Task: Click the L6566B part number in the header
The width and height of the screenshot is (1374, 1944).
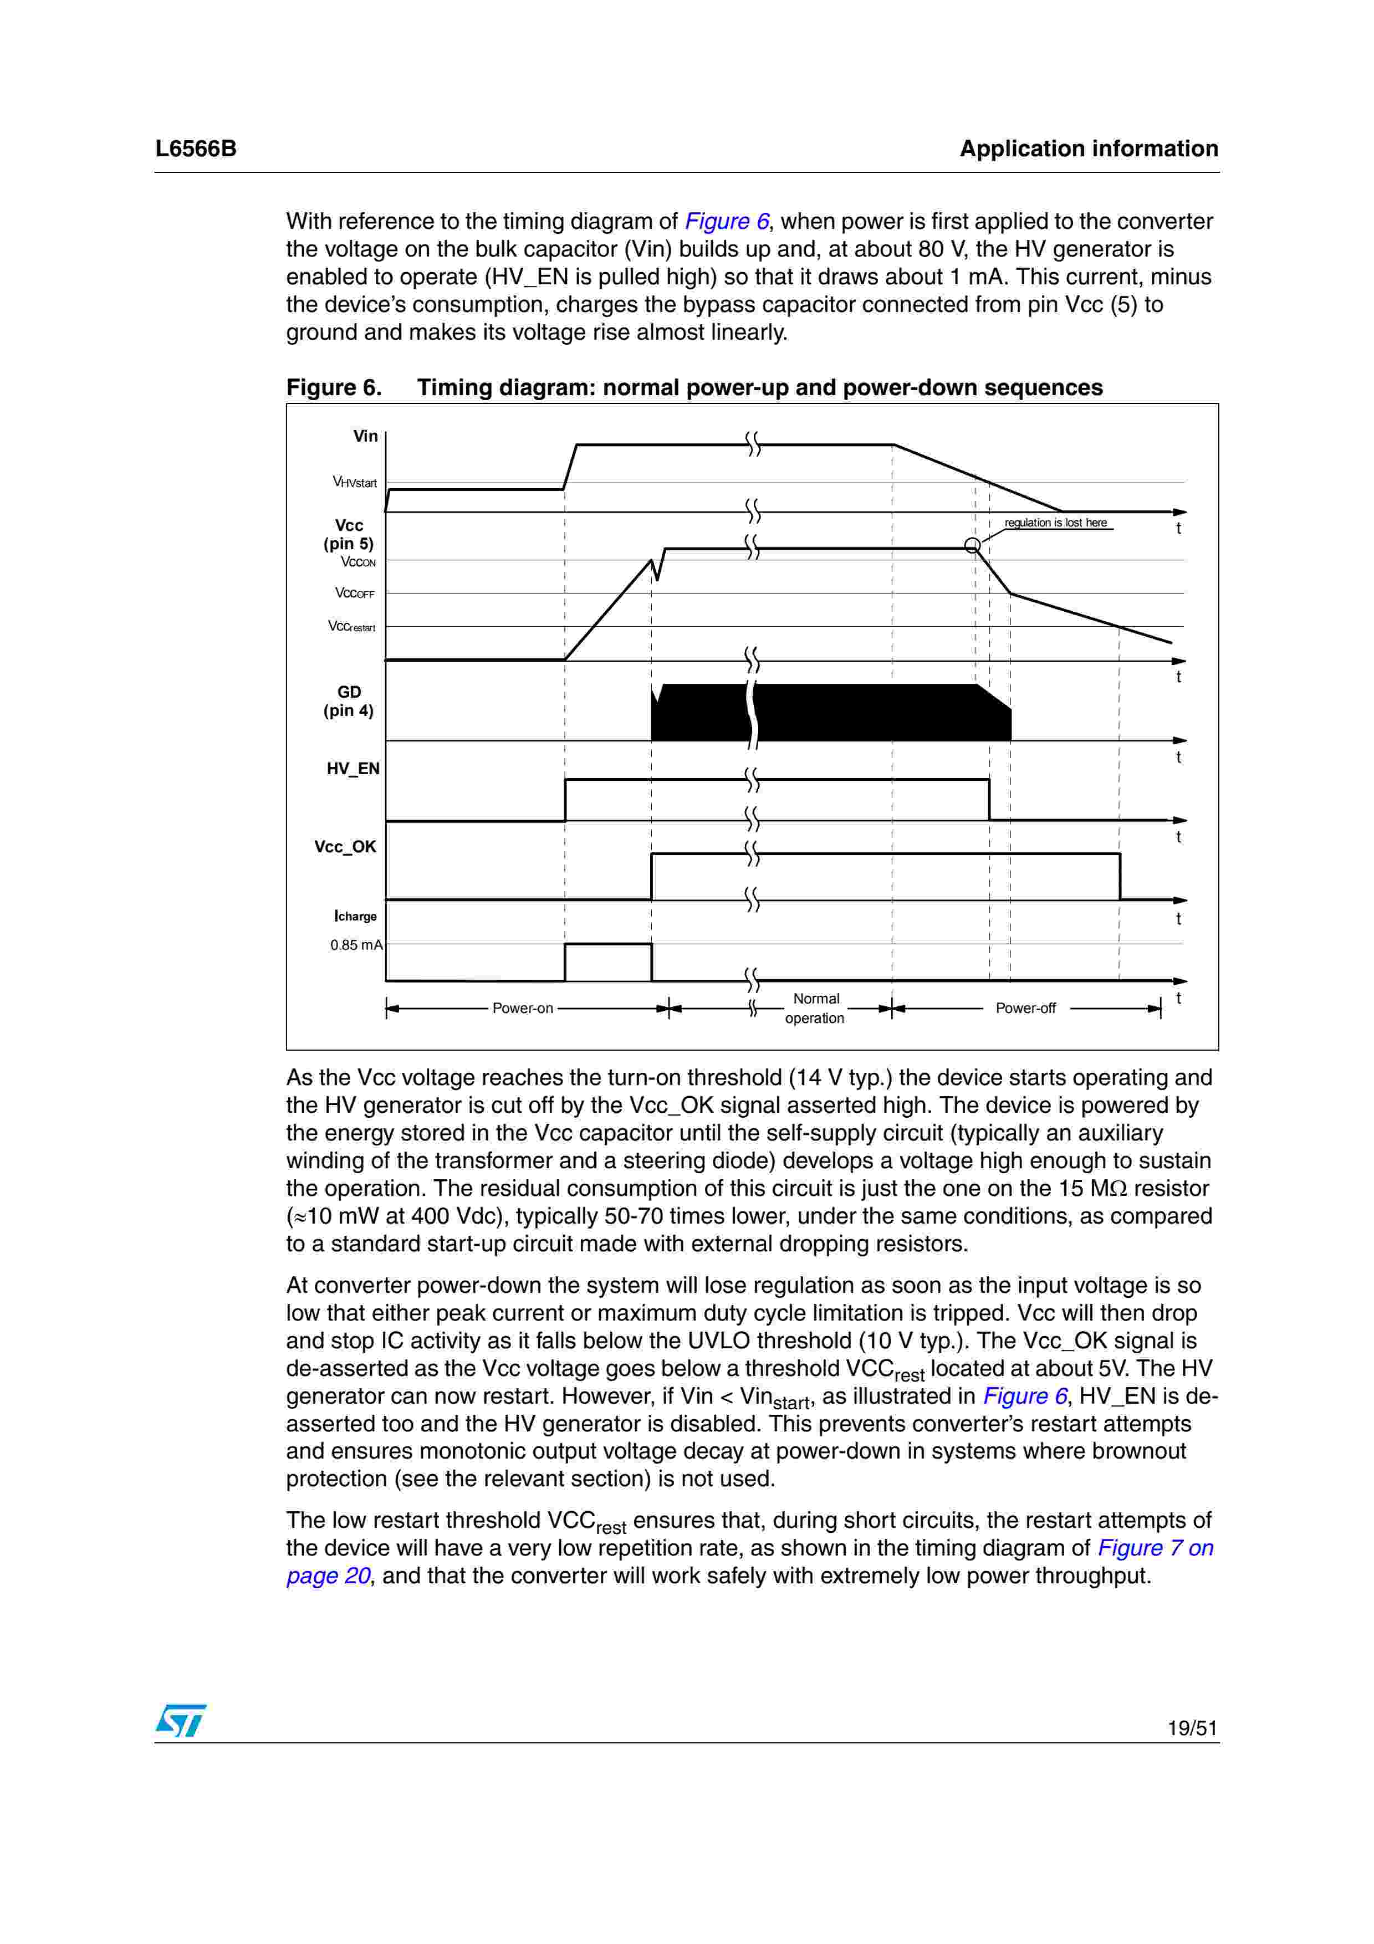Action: (196, 149)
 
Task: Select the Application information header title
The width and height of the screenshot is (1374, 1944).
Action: (1088, 149)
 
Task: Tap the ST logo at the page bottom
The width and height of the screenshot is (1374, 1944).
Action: (180, 1720)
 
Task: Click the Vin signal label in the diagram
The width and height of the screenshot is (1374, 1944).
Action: (365, 436)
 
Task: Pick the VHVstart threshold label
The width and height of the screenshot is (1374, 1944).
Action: (355, 483)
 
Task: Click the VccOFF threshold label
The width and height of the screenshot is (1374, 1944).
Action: (355, 594)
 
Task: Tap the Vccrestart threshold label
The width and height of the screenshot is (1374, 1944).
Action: (351, 627)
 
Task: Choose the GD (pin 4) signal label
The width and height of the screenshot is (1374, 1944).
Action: (348, 701)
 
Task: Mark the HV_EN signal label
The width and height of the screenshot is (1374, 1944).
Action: (353, 769)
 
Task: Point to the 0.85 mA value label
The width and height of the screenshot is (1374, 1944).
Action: (356, 945)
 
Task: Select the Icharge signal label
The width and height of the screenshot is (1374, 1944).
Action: (356, 916)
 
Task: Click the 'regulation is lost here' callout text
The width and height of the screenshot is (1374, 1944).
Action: (1056, 523)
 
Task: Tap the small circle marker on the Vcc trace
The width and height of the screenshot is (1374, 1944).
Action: (973, 545)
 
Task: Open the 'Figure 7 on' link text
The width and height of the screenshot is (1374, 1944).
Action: (1155, 1548)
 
